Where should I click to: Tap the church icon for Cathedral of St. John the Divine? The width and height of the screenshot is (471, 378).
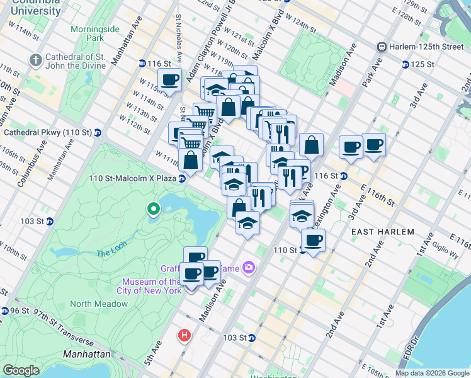[x=35, y=59]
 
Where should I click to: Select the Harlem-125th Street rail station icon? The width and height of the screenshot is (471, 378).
[x=381, y=47]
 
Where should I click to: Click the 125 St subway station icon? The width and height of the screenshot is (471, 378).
[x=405, y=64]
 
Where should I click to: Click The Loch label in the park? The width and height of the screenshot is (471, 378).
[x=111, y=253]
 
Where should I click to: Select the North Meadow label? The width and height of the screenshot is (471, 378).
[x=95, y=304]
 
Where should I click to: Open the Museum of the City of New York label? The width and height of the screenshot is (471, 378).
[x=152, y=286]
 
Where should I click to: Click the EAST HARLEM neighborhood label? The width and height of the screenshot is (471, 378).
[x=382, y=232]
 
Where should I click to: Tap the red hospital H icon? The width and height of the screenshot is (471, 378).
[x=184, y=335]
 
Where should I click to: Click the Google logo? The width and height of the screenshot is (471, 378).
[x=21, y=370]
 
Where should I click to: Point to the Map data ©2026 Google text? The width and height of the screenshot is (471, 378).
[x=432, y=372]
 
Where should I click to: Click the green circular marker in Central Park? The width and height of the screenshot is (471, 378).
[x=152, y=209]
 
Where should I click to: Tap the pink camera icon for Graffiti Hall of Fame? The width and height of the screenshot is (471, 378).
[x=249, y=268]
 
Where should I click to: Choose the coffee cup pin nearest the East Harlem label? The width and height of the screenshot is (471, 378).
[x=313, y=239]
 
